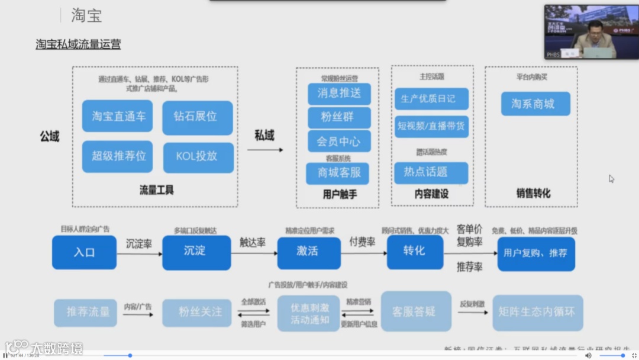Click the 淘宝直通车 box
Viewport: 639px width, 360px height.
[118, 117]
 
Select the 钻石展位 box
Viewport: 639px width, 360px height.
[197, 117]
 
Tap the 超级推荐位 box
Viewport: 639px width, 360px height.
[118, 156]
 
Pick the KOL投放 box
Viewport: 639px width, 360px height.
[197, 156]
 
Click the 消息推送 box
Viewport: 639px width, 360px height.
[338, 93]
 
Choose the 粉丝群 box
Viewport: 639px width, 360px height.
[338, 117]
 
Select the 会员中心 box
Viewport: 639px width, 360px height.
[338, 142]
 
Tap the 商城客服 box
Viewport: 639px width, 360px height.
[338, 172]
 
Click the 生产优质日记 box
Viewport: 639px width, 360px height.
[431, 99]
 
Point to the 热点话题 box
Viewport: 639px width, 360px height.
[431, 172]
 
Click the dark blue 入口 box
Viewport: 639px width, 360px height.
[84, 252]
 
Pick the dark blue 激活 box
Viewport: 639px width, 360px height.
[308, 252]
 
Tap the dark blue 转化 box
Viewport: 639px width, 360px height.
[414, 251]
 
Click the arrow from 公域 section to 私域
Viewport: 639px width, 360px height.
[264, 150]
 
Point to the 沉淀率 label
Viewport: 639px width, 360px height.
[139, 244]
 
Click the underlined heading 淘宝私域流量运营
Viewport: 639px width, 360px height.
[78, 44]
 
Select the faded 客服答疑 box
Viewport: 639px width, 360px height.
[415, 311]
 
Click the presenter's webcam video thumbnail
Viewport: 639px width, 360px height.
[591, 32]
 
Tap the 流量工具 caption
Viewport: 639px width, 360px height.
[156, 190]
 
